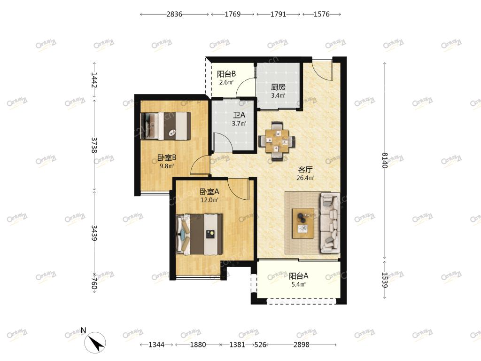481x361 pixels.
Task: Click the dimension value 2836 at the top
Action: point(174,14)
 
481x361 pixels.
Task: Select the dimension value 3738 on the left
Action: point(94,145)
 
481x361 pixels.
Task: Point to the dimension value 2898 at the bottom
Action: point(301,345)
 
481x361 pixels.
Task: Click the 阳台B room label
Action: point(226,74)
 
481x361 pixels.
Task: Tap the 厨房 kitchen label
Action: point(278,87)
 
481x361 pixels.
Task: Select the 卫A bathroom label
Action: point(239,115)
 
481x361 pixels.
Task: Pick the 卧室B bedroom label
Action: point(167,158)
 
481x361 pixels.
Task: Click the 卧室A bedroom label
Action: point(209,192)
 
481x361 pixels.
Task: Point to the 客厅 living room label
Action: point(305,169)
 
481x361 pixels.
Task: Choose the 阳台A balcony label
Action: point(298,276)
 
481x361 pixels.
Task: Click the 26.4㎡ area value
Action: point(305,178)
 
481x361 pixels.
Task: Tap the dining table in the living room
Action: point(277,141)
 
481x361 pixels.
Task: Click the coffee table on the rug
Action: point(303,223)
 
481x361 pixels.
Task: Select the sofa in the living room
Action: point(330,223)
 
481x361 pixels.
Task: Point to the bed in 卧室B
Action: point(165,126)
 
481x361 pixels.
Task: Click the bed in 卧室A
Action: point(199,234)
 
